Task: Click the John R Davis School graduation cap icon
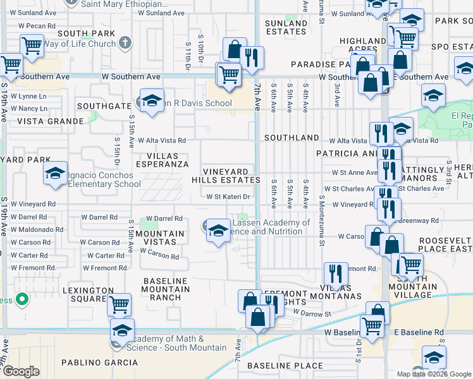152,101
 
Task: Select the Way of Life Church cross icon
125,43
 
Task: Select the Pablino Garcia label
99,363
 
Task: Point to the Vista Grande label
51,121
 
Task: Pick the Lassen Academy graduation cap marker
218,231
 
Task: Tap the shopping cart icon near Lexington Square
118,305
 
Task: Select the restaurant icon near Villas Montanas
335,274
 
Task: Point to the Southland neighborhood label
292,137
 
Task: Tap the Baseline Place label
276,366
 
